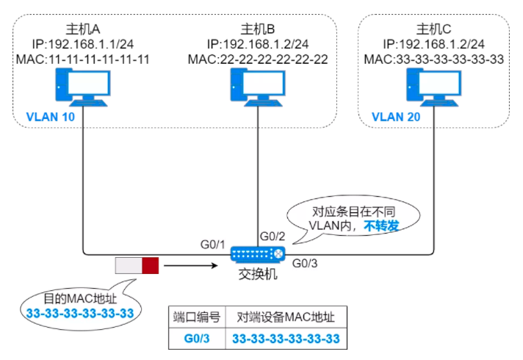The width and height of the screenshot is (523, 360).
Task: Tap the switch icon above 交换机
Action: pos(256,253)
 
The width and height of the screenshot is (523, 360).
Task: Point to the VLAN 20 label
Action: pos(397,116)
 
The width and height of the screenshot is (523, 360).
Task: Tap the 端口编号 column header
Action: pos(197,318)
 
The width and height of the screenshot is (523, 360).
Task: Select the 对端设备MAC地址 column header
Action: pos(286,318)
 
